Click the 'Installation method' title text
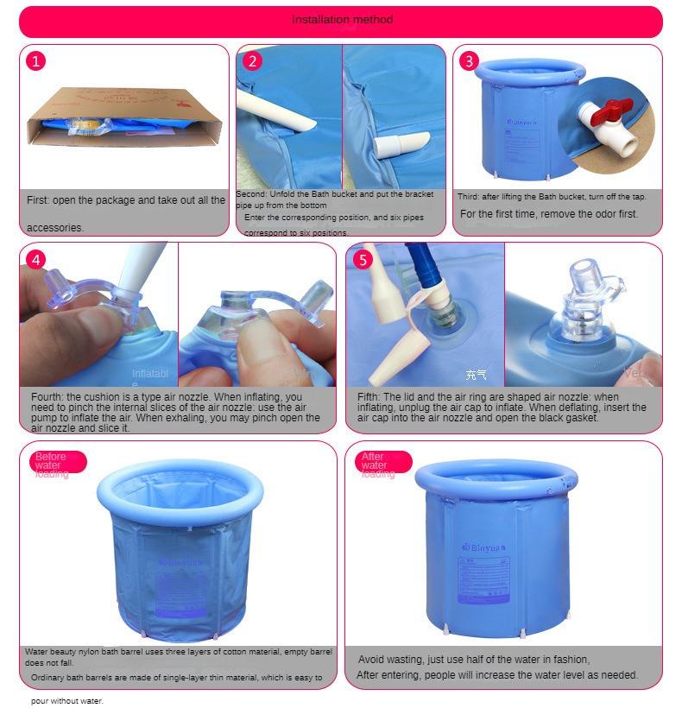coord(342,19)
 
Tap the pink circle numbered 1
coord(36,60)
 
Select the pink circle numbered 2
coord(252,60)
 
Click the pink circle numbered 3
coord(469,60)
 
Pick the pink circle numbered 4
coord(36,259)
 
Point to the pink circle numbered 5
coord(363,259)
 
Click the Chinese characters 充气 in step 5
coord(476,375)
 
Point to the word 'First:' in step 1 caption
coord(38,200)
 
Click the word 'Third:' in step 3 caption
coord(472,197)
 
